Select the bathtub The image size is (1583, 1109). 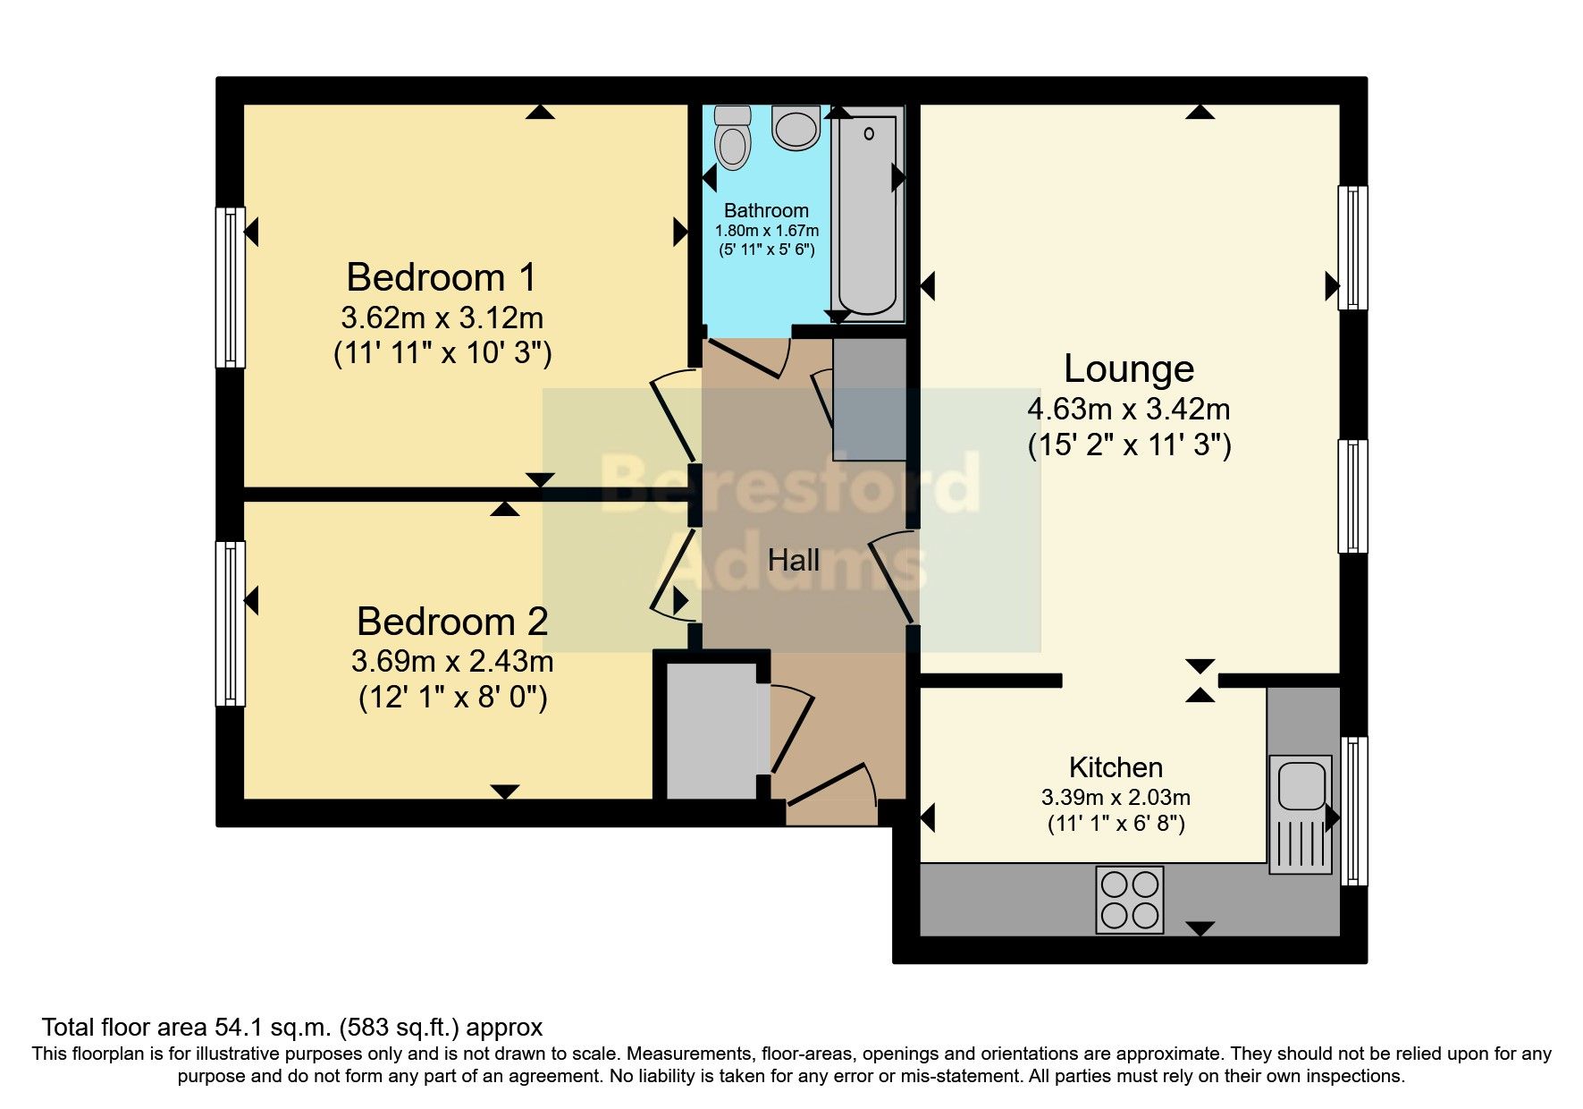pyautogui.click(x=867, y=214)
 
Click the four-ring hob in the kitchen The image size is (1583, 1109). pyautogui.click(x=1130, y=900)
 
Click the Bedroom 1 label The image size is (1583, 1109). pyautogui.click(x=441, y=277)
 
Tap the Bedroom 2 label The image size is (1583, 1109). pyautogui.click(x=451, y=621)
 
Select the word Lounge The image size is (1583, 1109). pyautogui.click(x=1128, y=368)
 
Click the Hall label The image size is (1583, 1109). pyautogui.click(x=794, y=561)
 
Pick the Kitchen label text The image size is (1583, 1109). pyautogui.click(x=1116, y=767)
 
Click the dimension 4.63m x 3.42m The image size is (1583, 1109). pyautogui.click(x=1128, y=410)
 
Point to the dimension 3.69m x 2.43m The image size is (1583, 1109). pyautogui.click(x=451, y=662)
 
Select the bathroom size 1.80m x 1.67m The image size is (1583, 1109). pyautogui.click(x=766, y=231)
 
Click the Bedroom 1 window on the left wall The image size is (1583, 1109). pyautogui.click(x=231, y=287)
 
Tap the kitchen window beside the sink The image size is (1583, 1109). pyautogui.click(x=1354, y=810)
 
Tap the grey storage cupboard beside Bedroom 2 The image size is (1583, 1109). pyautogui.click(x=712, y=731)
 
